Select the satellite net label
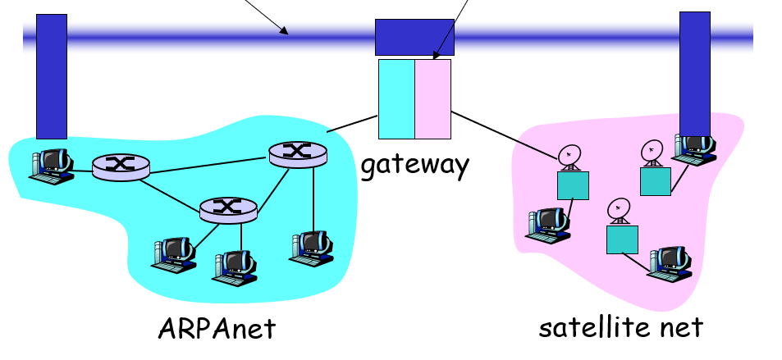tap(620, 327)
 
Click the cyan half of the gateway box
tap(396, 98)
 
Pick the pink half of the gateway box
tap(433, 98)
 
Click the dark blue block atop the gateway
tap(414, 37)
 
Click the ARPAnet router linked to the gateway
tap(297, 153)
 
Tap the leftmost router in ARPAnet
tap(121, 166)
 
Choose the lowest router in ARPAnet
tap(228, 209)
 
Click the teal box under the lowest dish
tap(622, 239)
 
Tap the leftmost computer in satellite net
tap(548, 223)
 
